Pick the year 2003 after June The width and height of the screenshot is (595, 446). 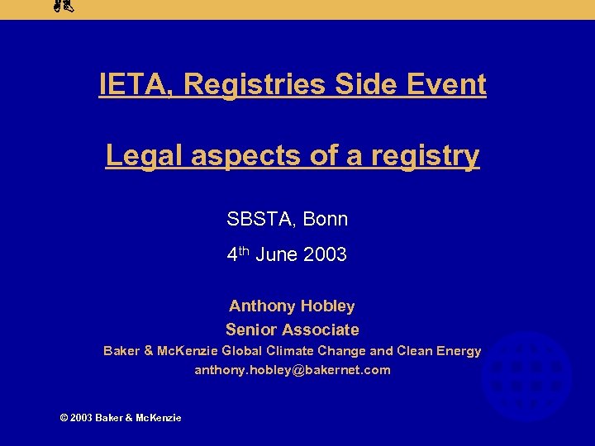(x=325, y=255)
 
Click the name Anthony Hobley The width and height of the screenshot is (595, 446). (x=292, y=306)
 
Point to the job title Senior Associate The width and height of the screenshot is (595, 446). (x=292, y=330)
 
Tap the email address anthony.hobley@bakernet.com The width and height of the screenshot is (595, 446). (x=292, y=370)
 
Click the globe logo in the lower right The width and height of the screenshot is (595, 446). (x=526, y=377)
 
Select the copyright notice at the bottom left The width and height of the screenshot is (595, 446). (x=121, y=418)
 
